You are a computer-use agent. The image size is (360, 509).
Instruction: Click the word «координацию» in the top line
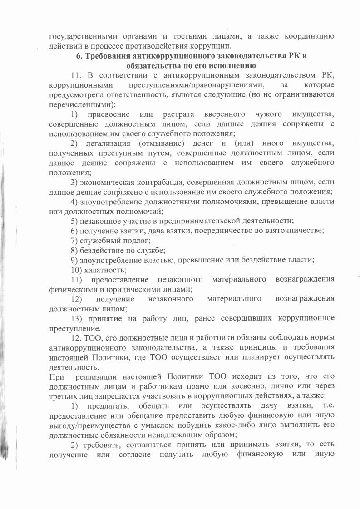(309, 36)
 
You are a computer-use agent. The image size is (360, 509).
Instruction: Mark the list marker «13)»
(77, 318)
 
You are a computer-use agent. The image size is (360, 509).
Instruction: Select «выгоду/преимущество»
(88, 425)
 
